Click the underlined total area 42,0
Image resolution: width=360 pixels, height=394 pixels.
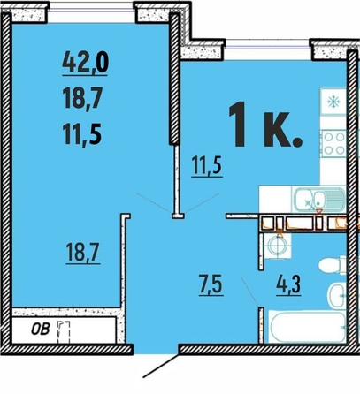[85, 64]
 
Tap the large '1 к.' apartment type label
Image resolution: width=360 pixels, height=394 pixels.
[265, 124]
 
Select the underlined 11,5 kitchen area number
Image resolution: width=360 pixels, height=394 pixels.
[207, 167]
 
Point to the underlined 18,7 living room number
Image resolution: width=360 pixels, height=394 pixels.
[83, 253]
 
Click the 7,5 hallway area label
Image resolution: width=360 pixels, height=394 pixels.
[211, 285]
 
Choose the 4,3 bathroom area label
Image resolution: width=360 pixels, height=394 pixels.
[288, 285]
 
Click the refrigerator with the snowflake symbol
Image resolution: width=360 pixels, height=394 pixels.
[333, 102]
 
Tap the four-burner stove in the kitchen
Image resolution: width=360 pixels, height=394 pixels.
[334, 143]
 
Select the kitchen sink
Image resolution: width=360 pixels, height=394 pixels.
[318, 200]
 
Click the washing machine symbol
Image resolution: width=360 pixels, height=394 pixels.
[278, 245]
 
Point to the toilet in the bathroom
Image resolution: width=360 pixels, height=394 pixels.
[332, 265]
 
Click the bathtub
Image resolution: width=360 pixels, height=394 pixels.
[308, 327]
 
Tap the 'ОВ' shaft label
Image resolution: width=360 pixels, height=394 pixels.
[41, 330]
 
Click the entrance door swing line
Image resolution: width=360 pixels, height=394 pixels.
[161, 366]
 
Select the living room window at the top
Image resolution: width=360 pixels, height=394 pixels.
[91, 10]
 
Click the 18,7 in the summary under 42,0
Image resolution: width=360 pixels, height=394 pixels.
[82, 99]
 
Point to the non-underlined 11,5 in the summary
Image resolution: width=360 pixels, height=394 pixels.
[82, 134]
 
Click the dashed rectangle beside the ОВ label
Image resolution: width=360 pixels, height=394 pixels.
[64, 332]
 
